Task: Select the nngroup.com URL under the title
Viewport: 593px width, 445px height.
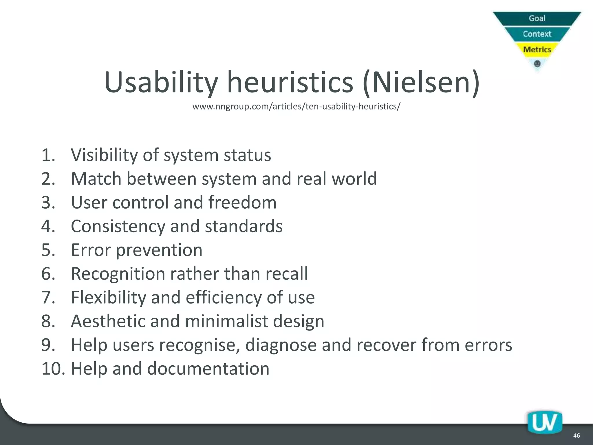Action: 296,107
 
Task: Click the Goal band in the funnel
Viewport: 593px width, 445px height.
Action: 537,18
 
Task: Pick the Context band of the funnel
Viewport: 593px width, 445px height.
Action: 537,34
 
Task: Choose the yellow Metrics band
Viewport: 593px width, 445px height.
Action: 537,50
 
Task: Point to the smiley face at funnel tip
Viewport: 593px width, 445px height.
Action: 537,63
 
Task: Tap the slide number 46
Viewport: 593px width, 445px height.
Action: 576,435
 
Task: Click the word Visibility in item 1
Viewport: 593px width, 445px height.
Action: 104,155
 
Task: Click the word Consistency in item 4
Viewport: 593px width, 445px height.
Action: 118,226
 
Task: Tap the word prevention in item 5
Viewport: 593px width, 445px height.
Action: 159,250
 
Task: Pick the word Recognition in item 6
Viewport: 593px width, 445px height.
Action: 118,274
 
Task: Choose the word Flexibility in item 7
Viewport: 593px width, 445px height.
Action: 109,298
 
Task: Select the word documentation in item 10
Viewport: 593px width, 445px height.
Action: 208,369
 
